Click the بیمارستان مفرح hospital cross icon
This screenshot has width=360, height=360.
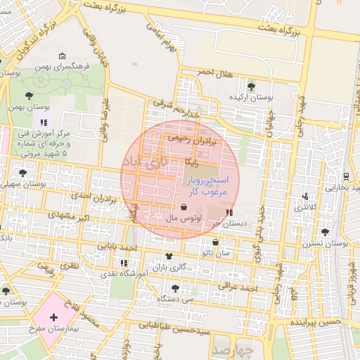coord(54,318)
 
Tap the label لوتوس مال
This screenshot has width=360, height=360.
coord(184,219)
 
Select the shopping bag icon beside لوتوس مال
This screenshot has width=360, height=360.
coord(184,207)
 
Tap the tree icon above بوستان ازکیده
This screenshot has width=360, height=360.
coord(251,86)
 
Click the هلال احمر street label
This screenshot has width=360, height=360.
coord(214,73)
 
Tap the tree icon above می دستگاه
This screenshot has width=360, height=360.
coord(175,287)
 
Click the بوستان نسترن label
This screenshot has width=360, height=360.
coord(330,243)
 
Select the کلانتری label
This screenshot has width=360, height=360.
coord(305,208)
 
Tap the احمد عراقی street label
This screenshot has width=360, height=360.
coord(239,288)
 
